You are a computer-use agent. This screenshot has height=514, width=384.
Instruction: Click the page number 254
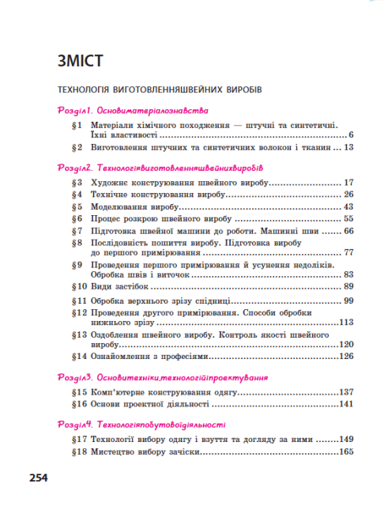pyautogui.click(x=40, y=478)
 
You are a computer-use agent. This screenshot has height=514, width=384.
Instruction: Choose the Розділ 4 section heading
pyautogui.click(x=141, y=423)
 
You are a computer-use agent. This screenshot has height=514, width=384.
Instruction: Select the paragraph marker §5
pyautogui.click(x=76, y=206)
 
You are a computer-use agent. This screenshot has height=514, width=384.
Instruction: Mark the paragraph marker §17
pyautogui.click(x=78, y=439)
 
